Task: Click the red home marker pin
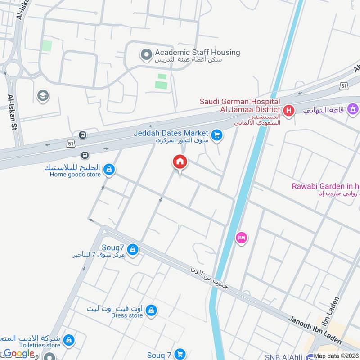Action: pos(180,162)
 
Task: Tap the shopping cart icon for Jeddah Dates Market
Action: pos(217,135)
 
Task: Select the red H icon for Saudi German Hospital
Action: pos(288,110)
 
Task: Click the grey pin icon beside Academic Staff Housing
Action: pos(146,55)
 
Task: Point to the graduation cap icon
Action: pos(43,96)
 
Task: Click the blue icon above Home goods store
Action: pos(108,170)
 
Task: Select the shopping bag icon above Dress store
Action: pos(152,310)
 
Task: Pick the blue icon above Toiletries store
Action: pos(69,340)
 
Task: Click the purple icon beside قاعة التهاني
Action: pos(353,109)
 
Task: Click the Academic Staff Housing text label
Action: pos(197,53)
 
